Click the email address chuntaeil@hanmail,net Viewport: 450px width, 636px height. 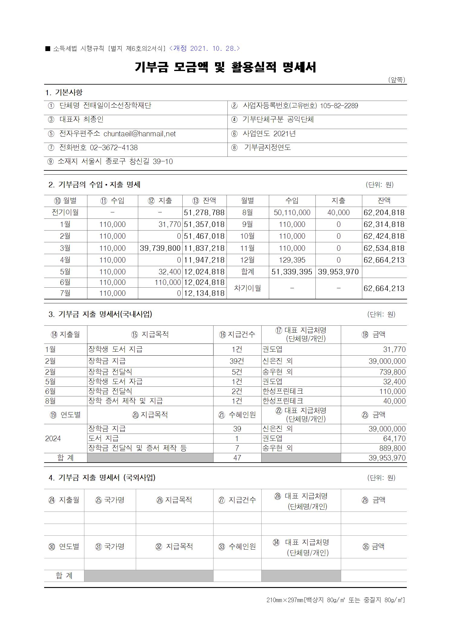(139, 134)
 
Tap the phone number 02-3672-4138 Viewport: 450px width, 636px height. (114, 148)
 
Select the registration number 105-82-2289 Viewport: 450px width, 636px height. (339, 106)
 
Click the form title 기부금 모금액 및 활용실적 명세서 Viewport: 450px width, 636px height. (225, 67)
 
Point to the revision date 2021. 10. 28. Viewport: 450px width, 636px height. (205, 48)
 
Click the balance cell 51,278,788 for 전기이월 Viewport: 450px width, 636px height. (204, 213)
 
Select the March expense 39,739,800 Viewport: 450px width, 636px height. (160, 248)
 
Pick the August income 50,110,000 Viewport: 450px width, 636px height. (292, 213)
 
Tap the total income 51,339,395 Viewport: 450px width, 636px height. (292, 272)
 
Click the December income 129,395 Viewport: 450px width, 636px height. (292, 260)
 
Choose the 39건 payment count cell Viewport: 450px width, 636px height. (237, 361)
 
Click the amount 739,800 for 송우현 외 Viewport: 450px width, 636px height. (393, 372)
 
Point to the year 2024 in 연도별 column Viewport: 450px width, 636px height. (53, 439)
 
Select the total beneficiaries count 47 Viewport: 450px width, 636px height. (237, 458)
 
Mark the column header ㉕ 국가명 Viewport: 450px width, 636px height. (110, 500)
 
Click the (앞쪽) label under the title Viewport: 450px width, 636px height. (396, 80)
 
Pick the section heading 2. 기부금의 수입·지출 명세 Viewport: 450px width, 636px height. (94, 185)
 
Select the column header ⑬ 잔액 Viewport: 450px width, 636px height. (204, 201)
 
